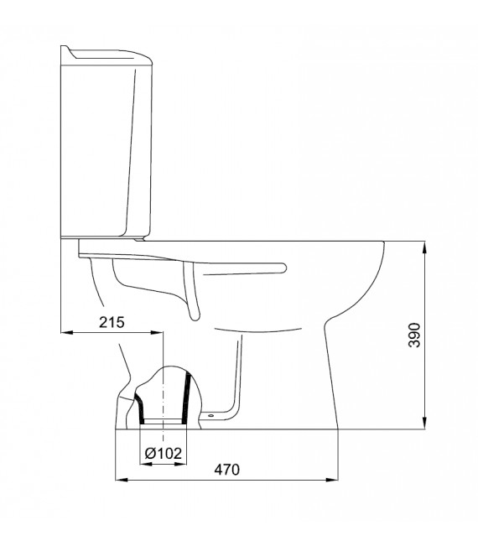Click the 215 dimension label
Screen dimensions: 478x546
(112, 322)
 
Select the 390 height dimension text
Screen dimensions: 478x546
(414, 335)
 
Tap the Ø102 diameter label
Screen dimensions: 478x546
(163, 454)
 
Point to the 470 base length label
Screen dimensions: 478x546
(227, 470)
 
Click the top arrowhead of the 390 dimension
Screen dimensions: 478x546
(424, 247)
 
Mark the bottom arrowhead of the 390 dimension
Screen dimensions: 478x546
(424, 424)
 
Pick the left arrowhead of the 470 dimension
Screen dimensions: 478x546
(121, 480)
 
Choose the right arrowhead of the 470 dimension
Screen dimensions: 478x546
(332, 480)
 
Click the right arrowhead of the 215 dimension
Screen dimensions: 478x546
(157, 332)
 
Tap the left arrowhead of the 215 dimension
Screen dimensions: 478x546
(67, 332)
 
